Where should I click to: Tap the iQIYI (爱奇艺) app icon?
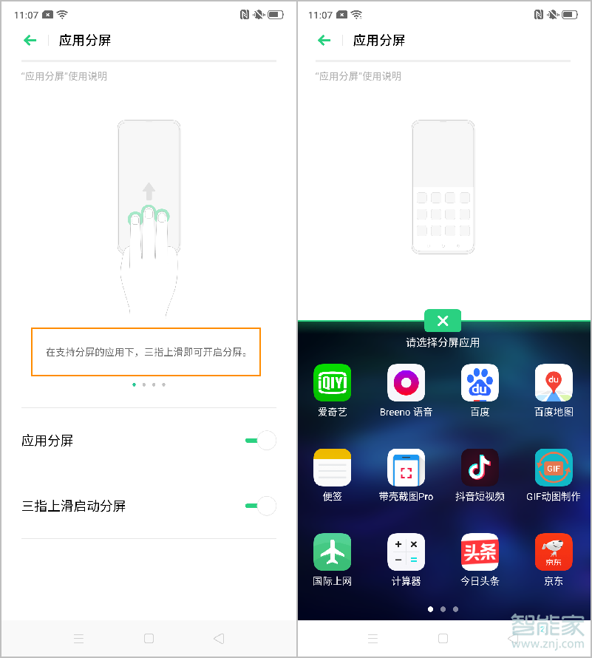coord(332,382)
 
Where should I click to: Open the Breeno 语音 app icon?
coord(406,382)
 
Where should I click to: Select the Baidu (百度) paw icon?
coord(480,382)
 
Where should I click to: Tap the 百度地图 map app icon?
coord(554,382)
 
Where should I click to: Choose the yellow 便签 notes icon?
coord(332,467)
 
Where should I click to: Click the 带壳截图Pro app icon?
coord(406,467)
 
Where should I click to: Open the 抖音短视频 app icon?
coord(480,467)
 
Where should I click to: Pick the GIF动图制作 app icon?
coord(554,467)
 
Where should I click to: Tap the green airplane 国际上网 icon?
coord(332,552)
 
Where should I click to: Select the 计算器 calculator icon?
coord(406,552)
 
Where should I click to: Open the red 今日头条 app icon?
coord(480,552)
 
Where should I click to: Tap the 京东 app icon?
coord(554,552)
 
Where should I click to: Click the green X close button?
coord(443,321)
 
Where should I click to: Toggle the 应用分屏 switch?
coord(261,441)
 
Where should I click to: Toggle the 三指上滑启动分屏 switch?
coord(261,506)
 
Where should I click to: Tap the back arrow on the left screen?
coord(30,41)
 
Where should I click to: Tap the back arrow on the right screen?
coord(324,41)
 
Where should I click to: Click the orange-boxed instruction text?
coord(146,352)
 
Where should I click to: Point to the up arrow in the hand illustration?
coord(149,191)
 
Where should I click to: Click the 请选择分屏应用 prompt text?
coord(443,342)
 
